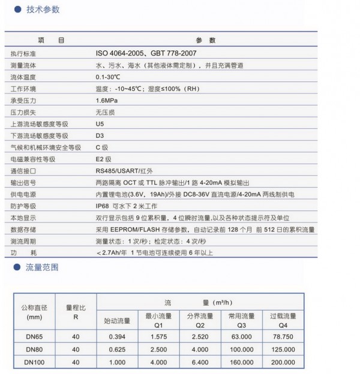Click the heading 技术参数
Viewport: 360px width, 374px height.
pyautogui.click(x=44, y=10)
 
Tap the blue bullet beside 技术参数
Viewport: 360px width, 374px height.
pyautogui.click(x=18, y=10)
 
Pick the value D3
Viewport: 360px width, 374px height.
pyautogui.click(x=100, y=136)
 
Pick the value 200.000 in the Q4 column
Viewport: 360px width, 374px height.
pyautogui.click(x=283, y=362)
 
